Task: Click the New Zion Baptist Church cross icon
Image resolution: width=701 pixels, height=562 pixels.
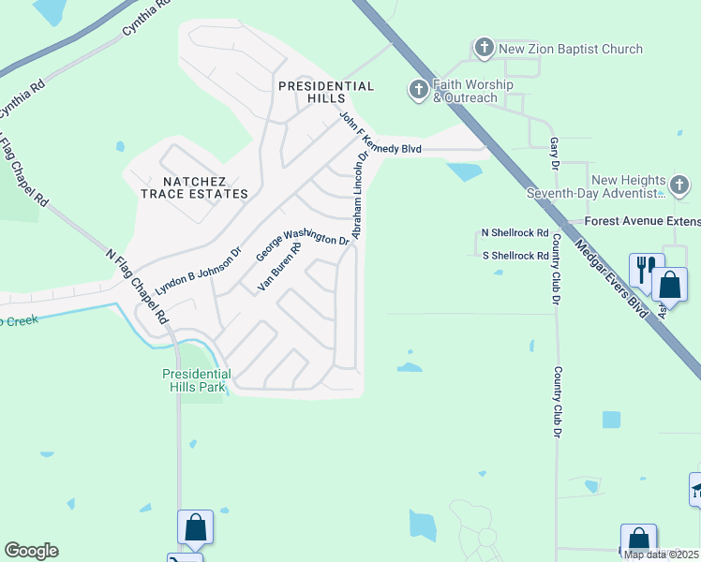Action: coord(484,48)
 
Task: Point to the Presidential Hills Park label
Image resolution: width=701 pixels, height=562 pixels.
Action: coord(197,379)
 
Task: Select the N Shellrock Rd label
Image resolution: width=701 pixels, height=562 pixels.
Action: coord(515,232)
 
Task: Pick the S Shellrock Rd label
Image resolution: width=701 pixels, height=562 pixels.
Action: coord(515,256)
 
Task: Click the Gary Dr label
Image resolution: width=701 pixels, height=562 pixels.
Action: coord(554,150)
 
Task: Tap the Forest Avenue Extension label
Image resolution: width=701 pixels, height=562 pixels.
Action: coord(642,222)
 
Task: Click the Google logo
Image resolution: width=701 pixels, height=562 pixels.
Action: coord(31,551)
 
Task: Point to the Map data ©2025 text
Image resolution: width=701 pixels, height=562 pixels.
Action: coord(661,555)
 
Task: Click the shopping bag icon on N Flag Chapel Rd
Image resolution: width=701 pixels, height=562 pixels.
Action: coord(195,527)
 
